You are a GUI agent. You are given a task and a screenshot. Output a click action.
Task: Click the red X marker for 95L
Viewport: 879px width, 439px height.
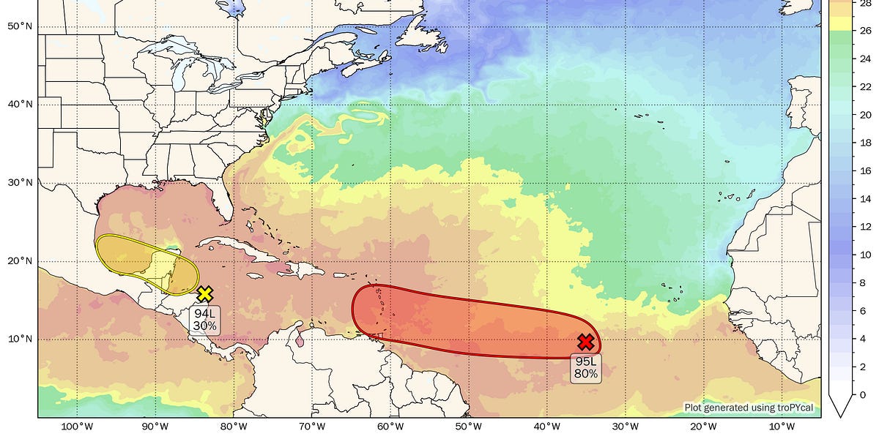pyautogui.click(x=585, y=342)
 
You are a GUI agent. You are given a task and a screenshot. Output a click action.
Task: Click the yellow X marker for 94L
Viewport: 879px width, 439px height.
pyautogui.click(x=205, y=294)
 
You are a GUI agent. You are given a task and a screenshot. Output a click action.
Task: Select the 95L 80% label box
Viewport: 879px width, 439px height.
pyautogui.click(x=585, y=368)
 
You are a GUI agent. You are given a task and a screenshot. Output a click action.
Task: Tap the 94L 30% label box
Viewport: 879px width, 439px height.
pyautogui.click(x=204, y=320)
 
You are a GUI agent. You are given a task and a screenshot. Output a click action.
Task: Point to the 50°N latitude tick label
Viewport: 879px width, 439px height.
pyautogui.click(x=20, y=26)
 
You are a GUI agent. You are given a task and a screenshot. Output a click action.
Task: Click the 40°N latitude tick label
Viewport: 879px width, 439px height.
pyautogui.click(x=20, y=105)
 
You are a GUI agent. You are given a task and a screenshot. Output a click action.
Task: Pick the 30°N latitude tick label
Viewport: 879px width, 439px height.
pyautogui.click(x=20, y=183)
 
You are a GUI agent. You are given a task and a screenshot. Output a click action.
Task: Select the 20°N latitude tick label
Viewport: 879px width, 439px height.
pyautogui.click(x=20, y=261)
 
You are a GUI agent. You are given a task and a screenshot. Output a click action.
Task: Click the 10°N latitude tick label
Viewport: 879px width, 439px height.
pyautogui.click(x=20, y=339)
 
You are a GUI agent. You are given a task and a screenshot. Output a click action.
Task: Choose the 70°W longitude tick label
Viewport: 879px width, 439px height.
pyautogui.click(x=312, y=427)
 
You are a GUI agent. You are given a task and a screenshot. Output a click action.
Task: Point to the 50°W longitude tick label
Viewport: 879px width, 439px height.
pyautogui.click(x=469, y=427)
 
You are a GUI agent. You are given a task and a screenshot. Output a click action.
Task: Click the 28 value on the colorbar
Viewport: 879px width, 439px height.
pyautogui.click(x=865, y=4)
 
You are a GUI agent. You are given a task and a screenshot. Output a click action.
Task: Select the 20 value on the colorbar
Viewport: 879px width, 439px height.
pyautogui.click(x=865, y=115)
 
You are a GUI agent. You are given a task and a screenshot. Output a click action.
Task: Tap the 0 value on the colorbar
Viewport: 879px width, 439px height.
pyautogui.click(x=865, y=395)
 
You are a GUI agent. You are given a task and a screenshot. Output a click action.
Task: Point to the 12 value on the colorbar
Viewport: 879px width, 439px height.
pyautogui.click(x=865, y=227)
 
